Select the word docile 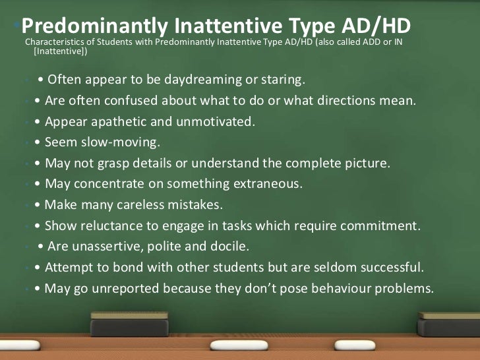pos(229,247)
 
